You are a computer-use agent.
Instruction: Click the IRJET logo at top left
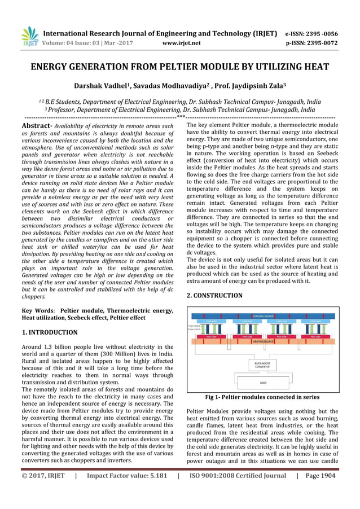(x=29, y=36)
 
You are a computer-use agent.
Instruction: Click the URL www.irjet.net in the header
(x=181, y=42)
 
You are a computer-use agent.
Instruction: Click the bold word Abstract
(x=37, y=126)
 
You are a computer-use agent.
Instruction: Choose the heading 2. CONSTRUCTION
(x=214, y=295)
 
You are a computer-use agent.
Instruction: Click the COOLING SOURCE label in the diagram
(x=263, y=317)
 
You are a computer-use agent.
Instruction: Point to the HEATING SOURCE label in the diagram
(x=263, y=342)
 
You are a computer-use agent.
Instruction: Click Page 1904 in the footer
(x=320, y=476)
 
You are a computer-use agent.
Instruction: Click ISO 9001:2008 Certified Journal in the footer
(x=238, y=476)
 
